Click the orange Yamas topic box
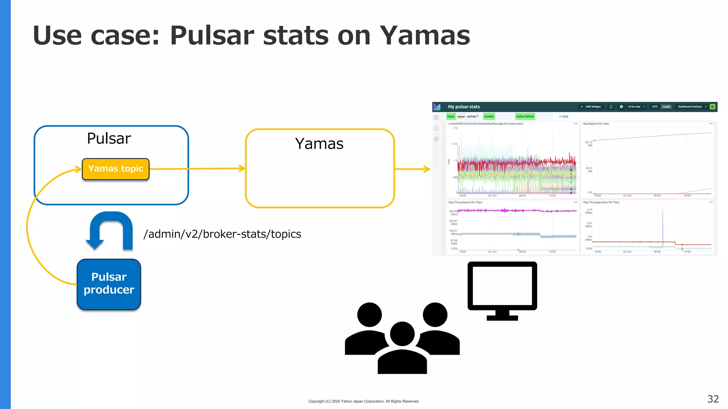116,169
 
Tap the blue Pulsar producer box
109,284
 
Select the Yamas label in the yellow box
319,144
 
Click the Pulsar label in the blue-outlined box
109,138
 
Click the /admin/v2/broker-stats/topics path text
222,234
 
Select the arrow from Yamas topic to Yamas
197,169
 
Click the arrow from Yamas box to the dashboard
412,169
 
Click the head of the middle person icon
402,334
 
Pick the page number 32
713,399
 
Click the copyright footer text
364,401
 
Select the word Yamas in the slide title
425,36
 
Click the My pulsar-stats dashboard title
464,107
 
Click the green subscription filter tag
525,116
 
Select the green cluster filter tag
489,116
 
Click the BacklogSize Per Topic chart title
596,124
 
